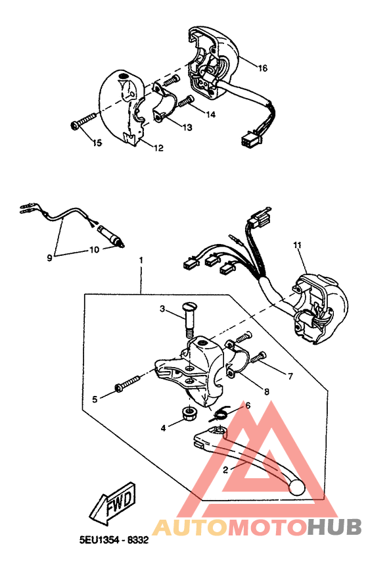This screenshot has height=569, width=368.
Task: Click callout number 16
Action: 262,68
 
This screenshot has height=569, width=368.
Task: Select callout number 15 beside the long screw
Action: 97,143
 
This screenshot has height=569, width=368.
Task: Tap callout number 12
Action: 158,148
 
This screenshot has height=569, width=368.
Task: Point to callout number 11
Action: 297,245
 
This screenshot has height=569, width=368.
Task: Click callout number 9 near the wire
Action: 49,258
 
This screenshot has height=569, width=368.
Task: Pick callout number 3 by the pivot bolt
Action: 162,309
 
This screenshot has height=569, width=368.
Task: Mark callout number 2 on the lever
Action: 225,470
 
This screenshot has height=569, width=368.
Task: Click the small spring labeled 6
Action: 222,412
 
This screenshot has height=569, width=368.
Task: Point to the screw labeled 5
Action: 127,383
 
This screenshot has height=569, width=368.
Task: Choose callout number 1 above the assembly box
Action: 140,260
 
